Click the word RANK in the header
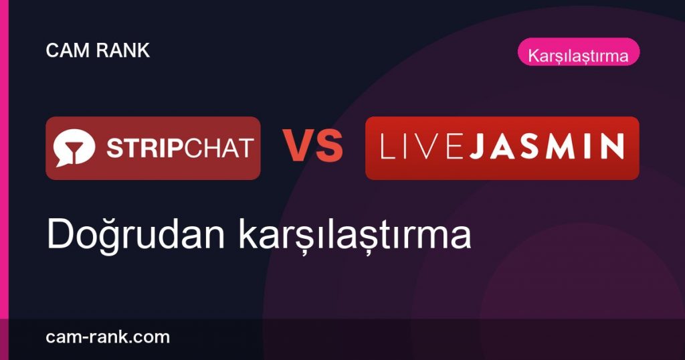[x=123, y=51]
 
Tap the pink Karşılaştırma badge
[x=579, y=52]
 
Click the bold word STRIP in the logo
[x=144, y=148]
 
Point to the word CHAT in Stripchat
[x=219, y=148]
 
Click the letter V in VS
[x=298, y=145]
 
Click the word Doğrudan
[x=135, y=235]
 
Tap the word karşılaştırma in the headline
[x=355, y=235]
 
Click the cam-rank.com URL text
[x=108, y=337]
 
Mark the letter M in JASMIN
[x=567, y=147]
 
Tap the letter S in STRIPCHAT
[x=115, y=148]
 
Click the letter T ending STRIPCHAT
[x=245, y=148]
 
